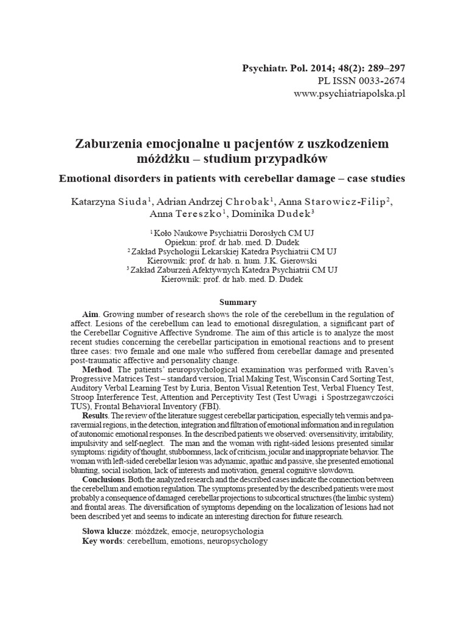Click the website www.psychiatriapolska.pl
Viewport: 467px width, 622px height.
pyautogui.click(x=349, y=94)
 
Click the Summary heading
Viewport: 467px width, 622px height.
pyautogui.click(x=237, y=302)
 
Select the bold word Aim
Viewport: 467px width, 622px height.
pyautogui.click(x=90, y=314)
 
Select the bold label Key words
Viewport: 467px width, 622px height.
pyautogui.click(x=102, y=541)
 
